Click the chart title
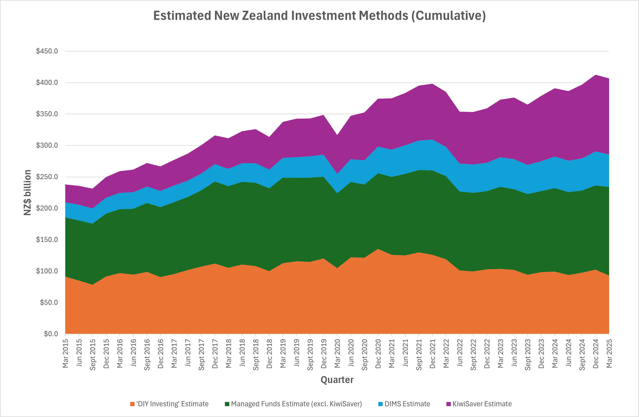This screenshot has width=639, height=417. point(319,16)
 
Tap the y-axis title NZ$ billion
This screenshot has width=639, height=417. point(27,192)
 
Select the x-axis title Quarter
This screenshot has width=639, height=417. point(337,380)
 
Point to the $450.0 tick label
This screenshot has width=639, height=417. point(47,51)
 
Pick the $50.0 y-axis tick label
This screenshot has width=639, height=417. point(49,302)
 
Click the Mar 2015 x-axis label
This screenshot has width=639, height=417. point(65,353)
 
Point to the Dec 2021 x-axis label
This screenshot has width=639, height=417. point(433,353)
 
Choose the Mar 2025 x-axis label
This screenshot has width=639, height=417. point(609,353)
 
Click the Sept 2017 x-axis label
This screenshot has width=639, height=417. point(201,355)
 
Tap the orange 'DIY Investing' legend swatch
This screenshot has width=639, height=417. point(132,404)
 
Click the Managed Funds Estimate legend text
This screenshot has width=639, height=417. point(296,404)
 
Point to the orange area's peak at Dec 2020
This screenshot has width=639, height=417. point(378,249)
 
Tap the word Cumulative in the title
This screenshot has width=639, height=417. point(448,16)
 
